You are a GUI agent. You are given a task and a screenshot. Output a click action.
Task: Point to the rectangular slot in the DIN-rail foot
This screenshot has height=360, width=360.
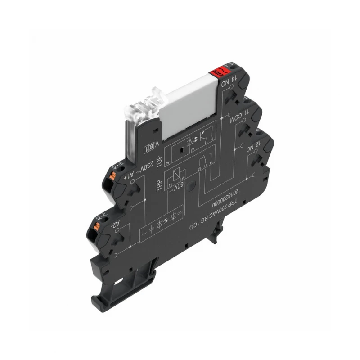pyautogui.click(x=121, y=282)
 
